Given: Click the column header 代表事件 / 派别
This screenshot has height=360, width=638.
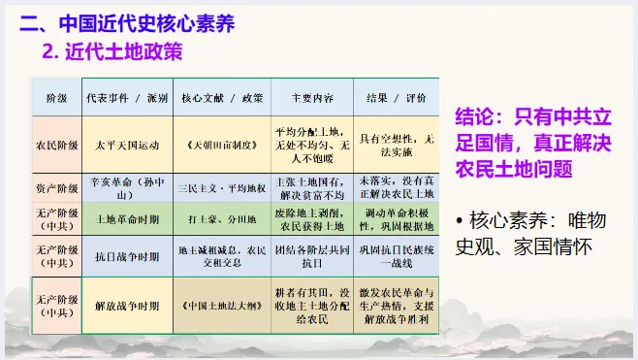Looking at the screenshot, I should [126, 99].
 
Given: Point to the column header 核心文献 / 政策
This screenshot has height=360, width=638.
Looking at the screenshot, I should [222, 99].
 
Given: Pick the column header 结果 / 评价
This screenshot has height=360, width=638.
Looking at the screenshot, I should [397, 99].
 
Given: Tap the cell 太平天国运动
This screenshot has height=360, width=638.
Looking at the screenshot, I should [126, 146].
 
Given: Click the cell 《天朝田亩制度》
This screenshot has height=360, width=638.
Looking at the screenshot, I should [222, 146].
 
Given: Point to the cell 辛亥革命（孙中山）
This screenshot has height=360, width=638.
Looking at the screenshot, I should [126, 187].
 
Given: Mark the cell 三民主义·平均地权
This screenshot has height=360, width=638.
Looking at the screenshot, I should [222, 186].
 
